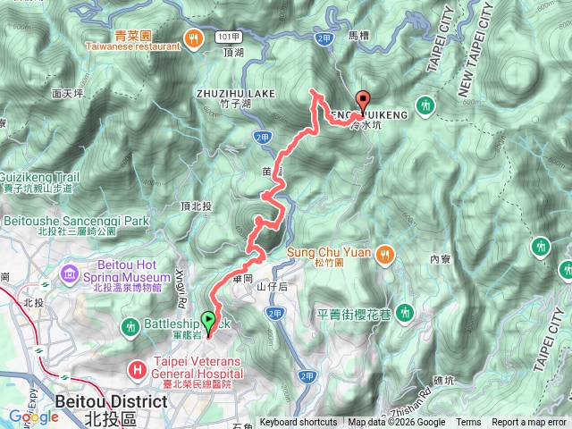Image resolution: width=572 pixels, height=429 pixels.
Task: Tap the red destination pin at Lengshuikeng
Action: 362,102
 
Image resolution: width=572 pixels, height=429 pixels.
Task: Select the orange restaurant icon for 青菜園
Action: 191,37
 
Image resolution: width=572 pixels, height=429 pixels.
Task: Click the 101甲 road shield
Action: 227,37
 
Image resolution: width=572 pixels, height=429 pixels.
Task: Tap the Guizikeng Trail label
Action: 41,178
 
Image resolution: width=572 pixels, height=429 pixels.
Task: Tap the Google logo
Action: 34,416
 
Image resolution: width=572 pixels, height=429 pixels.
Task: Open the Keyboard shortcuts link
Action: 299,423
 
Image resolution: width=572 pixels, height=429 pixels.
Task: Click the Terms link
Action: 468,423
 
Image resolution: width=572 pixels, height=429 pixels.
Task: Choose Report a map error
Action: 529,423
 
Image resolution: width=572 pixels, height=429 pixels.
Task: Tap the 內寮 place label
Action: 439,259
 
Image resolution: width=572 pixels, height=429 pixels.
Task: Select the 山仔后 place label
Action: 271,286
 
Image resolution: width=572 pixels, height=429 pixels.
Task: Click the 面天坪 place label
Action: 68,93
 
